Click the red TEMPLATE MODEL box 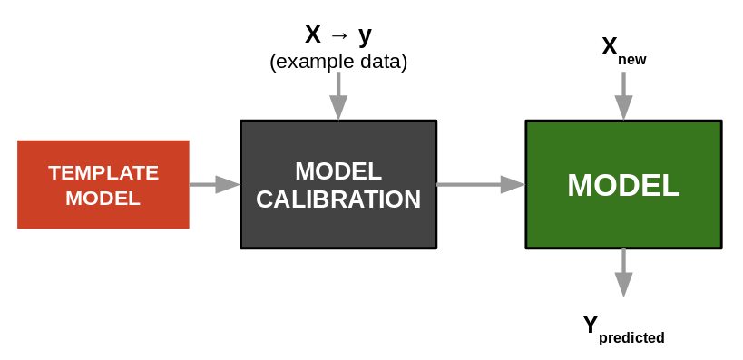103,184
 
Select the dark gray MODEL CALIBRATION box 337,184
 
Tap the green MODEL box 623,184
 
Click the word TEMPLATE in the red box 103,172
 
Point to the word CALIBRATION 337,199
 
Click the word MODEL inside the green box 623,185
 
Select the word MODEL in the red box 103,198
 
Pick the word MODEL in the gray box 337,170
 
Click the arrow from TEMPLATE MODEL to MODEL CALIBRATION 214,184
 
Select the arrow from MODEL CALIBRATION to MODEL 480,184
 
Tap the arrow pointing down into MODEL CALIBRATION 338,95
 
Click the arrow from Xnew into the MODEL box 623,95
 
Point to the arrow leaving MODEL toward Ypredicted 623,272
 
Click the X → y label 337,35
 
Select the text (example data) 337,62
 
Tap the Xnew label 623,50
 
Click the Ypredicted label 623,329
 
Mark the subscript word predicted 631,337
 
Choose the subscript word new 632,60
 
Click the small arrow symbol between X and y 338,36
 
